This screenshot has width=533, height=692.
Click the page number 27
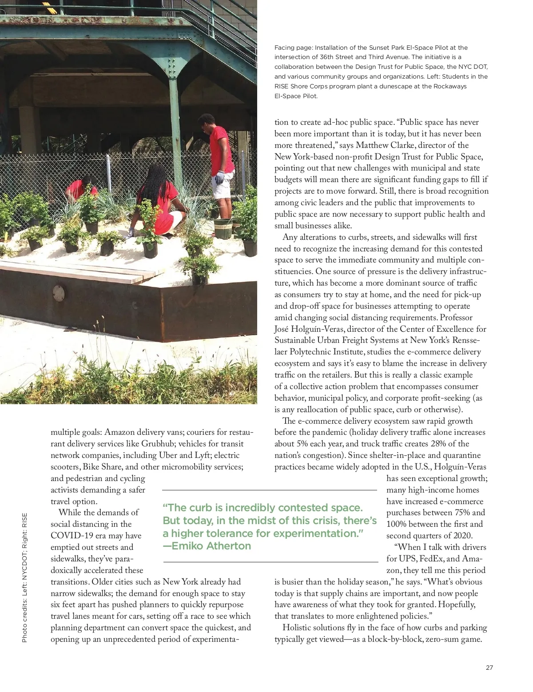point(489,668)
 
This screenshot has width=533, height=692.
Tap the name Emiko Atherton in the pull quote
point(211,546)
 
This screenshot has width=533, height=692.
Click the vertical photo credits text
point(25,578)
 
